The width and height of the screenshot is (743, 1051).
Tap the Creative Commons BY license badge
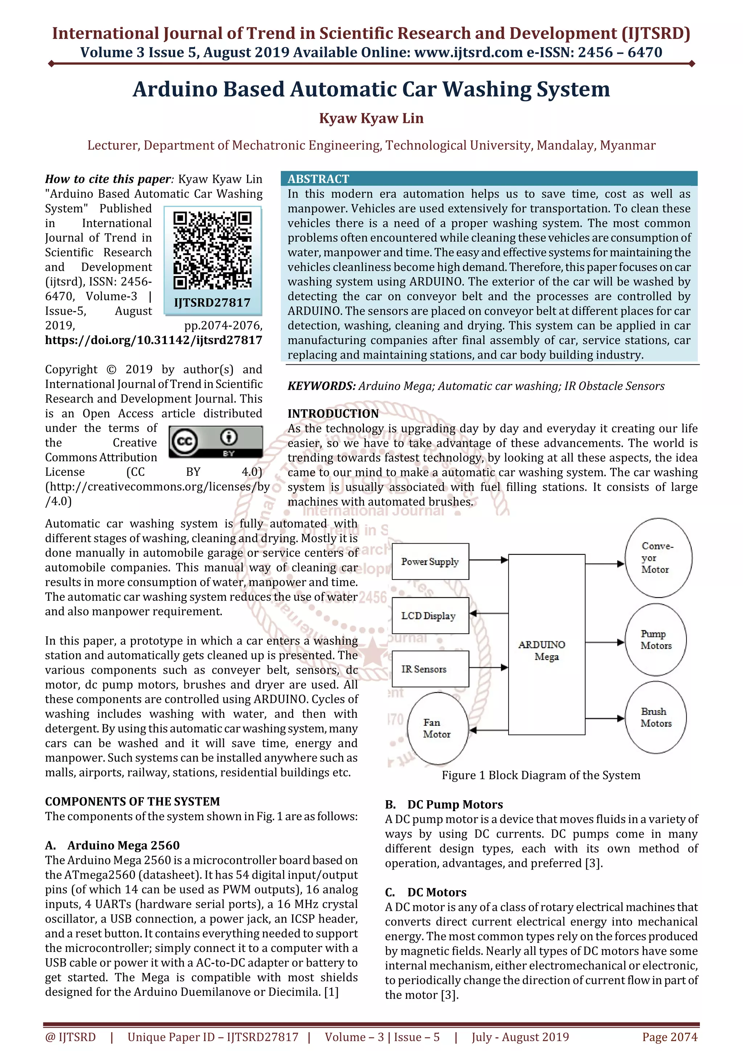point(215,442)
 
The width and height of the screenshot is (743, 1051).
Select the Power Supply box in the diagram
point(430,562)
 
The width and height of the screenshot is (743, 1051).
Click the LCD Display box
point(430,616)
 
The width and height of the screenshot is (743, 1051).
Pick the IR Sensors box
point(430,669)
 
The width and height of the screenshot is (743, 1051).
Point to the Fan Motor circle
point(438,728)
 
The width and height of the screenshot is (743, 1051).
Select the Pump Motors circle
point(656,640)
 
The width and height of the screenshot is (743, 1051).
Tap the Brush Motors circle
point(656,717)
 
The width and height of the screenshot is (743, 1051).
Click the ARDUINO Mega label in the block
point(543,650)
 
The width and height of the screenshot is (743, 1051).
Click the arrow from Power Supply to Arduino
point(489,560)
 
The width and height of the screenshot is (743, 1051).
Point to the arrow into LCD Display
point(489,613)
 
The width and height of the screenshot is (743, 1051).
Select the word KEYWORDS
point(321,386)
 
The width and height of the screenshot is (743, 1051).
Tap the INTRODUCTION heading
point(333,414)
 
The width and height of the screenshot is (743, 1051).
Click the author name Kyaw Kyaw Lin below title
point(371,119)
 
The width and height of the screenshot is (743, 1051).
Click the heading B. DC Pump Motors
point(444,804)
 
